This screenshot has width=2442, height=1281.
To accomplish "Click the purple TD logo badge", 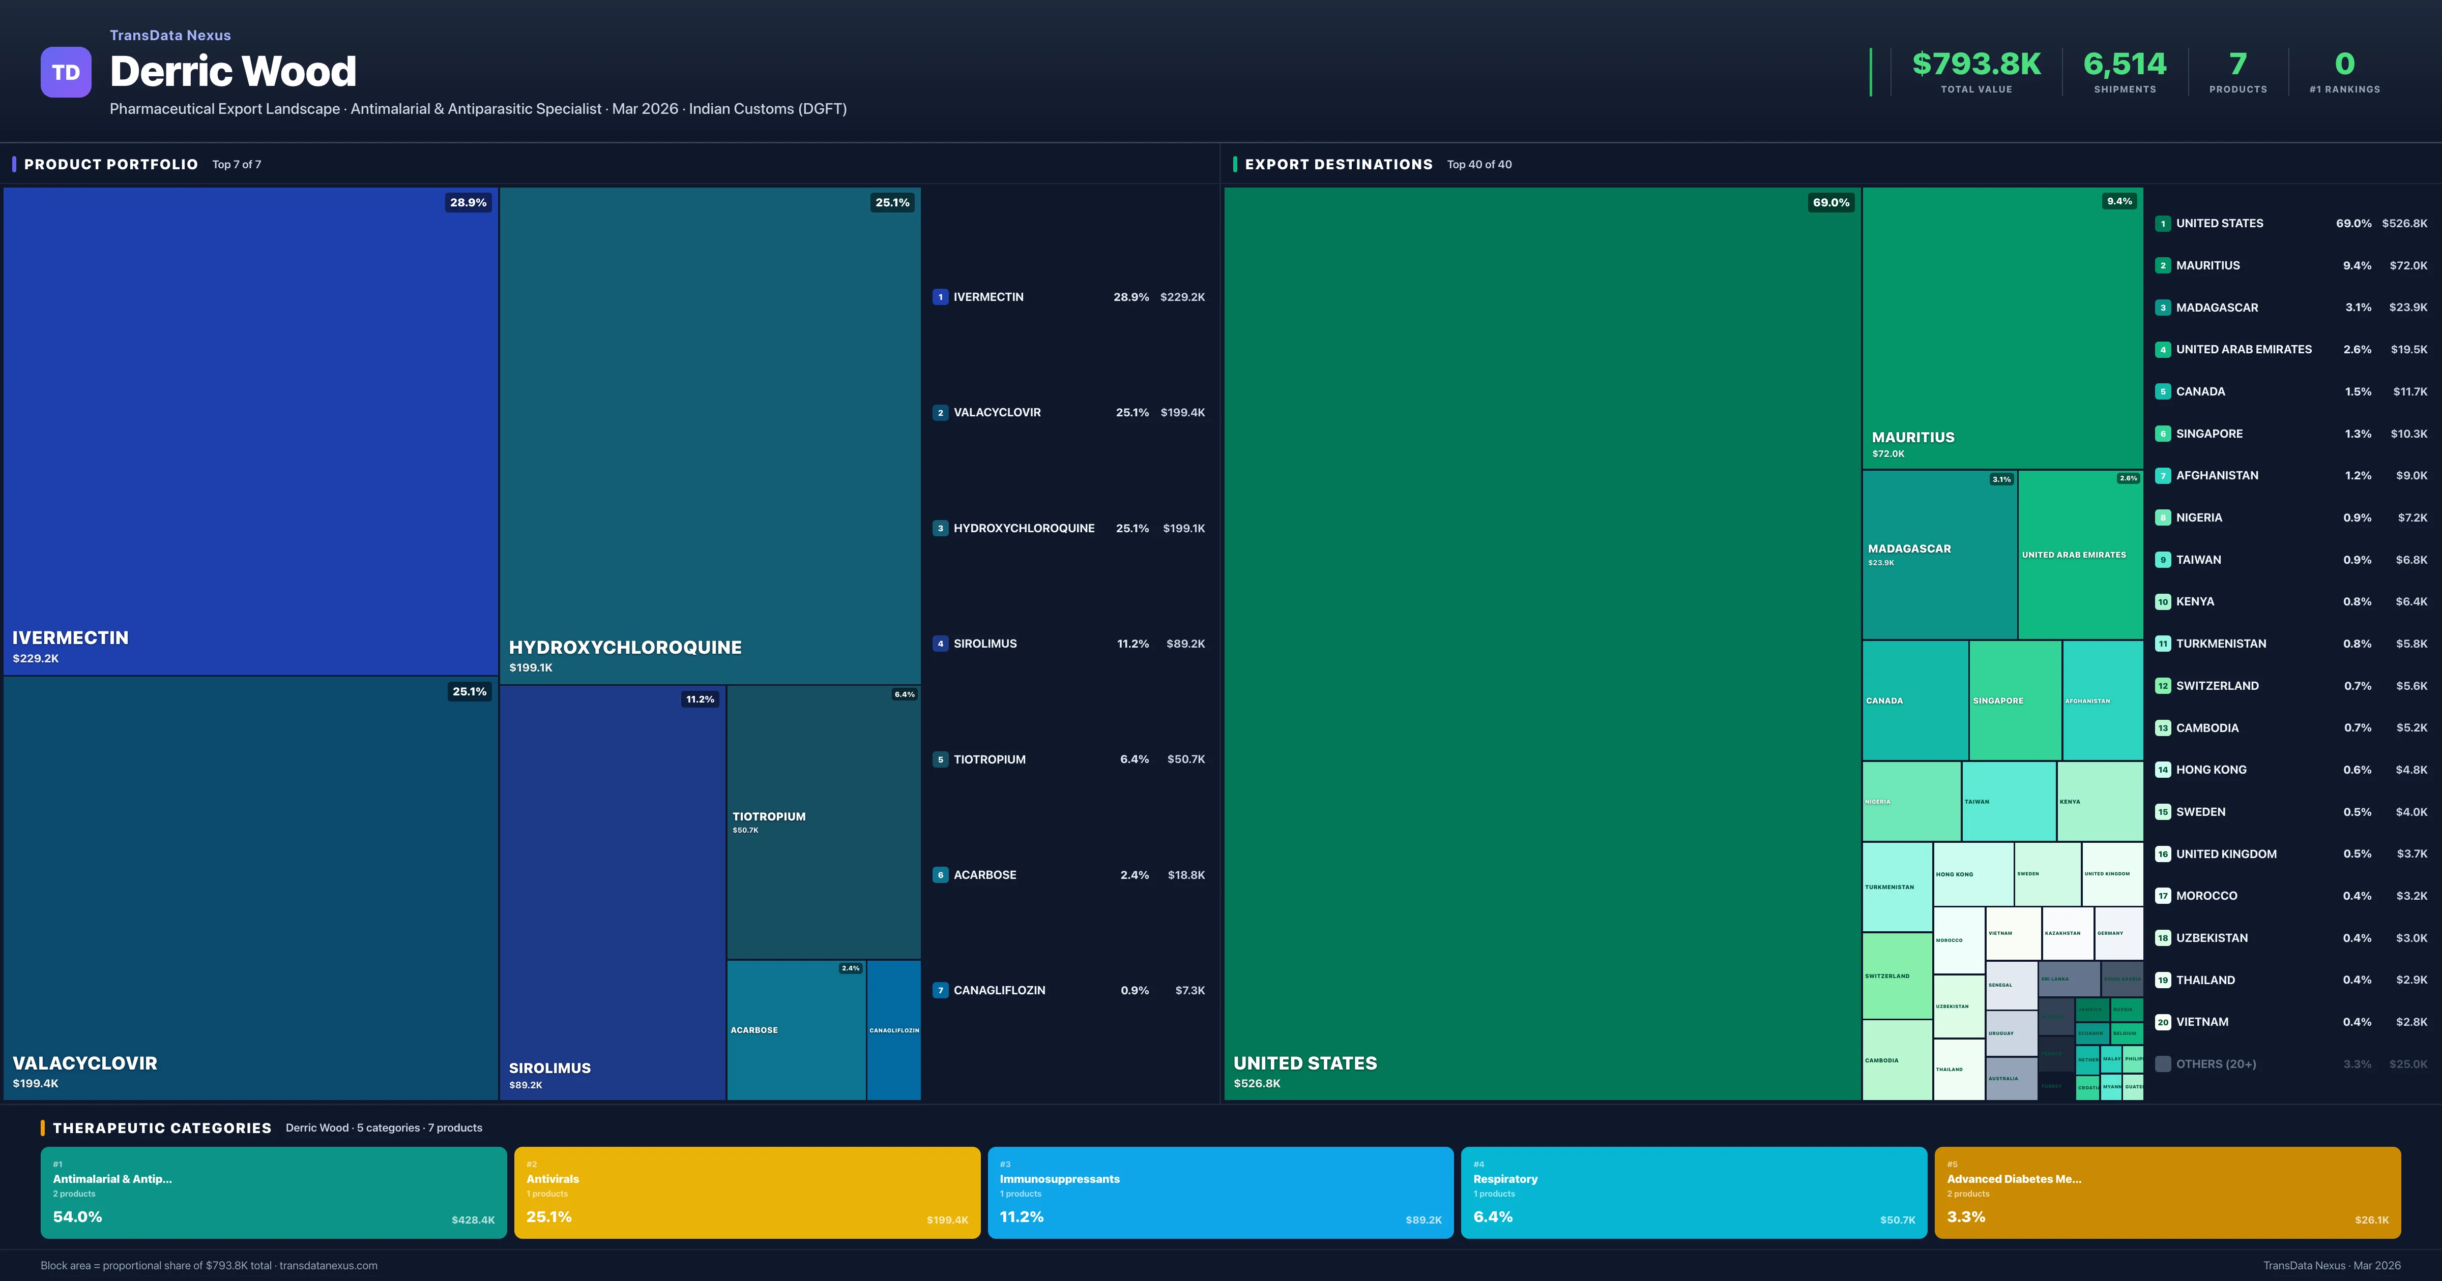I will [x=66, y=72].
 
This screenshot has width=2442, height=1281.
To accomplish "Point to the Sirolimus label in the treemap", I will [x=550, y=1068].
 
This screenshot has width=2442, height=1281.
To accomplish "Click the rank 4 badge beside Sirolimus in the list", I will [x=940, y=644].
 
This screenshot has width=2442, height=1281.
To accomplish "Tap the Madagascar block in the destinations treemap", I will [x=1939, y=554].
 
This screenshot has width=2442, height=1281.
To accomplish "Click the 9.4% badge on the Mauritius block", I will [x=2119, y=201].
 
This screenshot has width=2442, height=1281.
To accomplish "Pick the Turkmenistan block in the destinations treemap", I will [x=1896, y=887].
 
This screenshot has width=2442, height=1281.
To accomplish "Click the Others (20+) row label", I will [x=2216, y=1064].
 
